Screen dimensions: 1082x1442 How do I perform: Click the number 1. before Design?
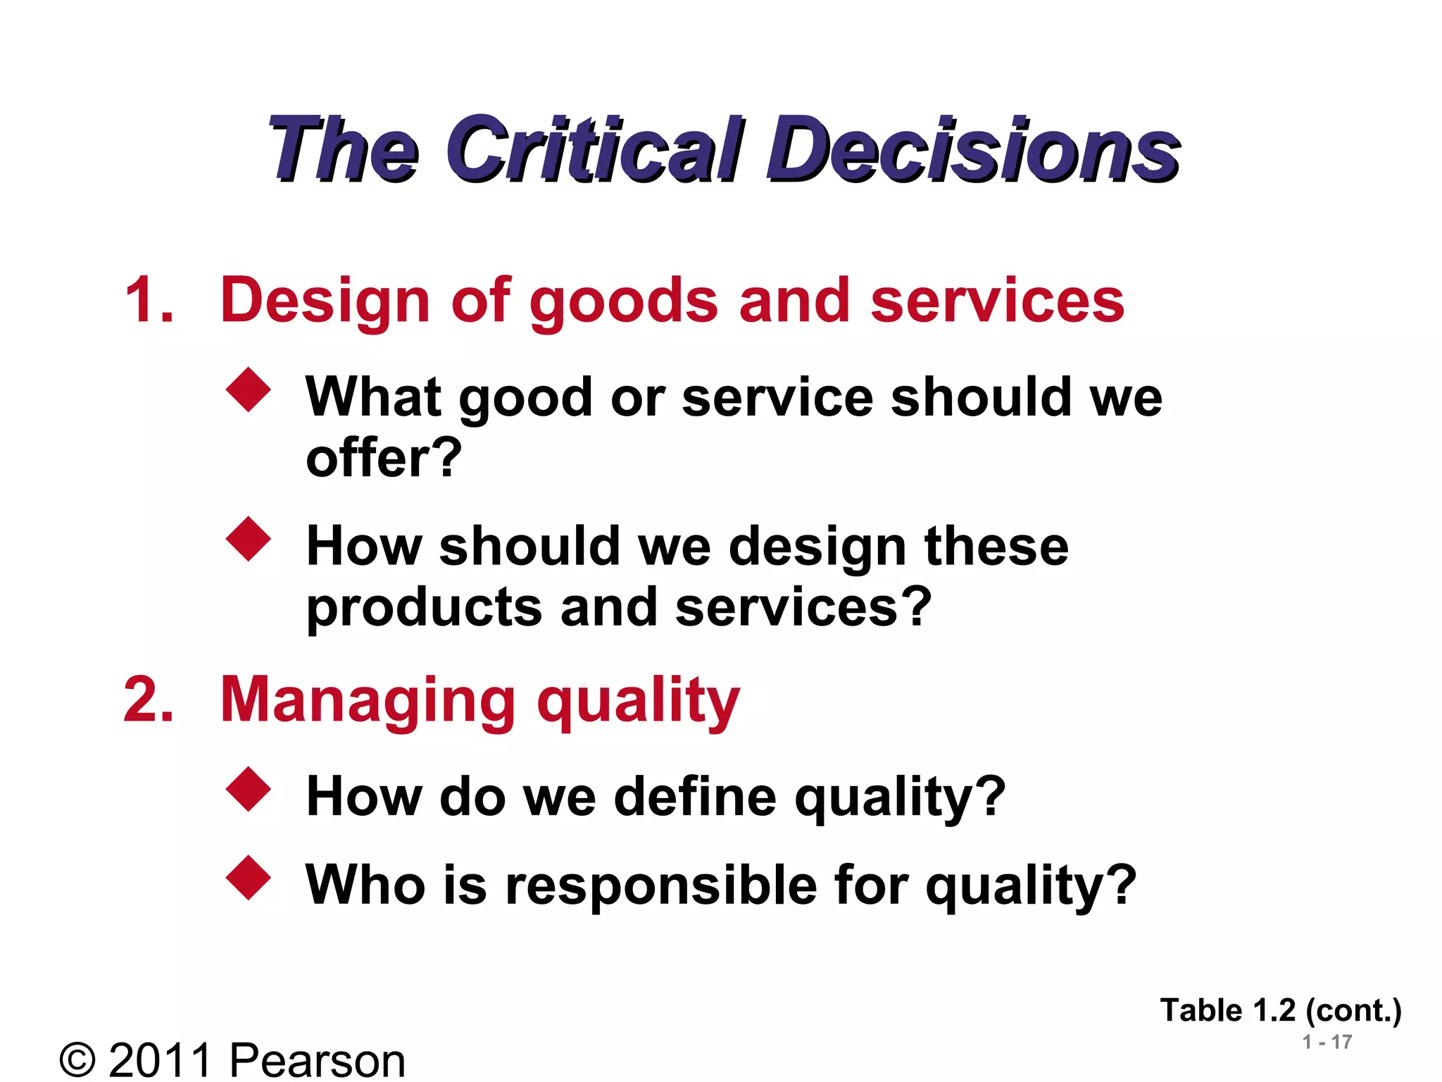(149, 300)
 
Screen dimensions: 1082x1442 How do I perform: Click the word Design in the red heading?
(325, 301)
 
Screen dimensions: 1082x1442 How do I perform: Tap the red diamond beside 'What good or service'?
(249, 389)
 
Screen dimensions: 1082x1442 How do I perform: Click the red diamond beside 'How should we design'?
(249, 539)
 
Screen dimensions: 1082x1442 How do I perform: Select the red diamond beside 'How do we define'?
(249, 789)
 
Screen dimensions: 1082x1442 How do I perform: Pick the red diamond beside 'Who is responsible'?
(249, 878)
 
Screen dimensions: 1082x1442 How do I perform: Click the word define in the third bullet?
(695, 797)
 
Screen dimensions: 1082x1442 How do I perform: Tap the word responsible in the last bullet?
(661, 886)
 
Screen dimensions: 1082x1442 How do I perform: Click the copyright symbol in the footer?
(77, 1059)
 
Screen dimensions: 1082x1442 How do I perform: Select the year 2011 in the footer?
(161, 1059)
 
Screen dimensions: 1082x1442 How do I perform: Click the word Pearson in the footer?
(318, 1059)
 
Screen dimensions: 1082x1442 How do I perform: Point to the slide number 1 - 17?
(1327, 1042)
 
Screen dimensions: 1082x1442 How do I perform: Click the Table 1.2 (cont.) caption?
(1281, 1011)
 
